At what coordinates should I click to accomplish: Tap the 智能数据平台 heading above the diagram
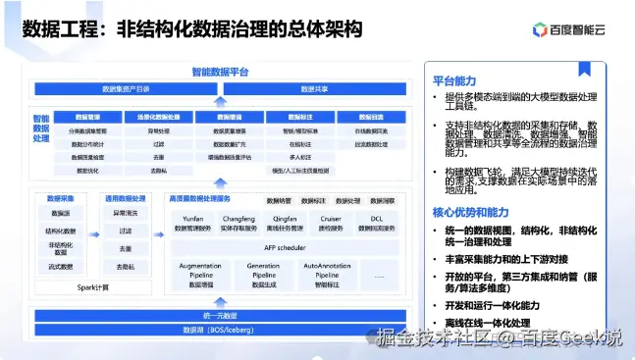[220, 72]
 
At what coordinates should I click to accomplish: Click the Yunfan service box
[192, 225]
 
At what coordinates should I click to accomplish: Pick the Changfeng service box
[238, 225]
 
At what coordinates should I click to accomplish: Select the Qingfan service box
[285, 225]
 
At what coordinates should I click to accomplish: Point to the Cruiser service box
[331, 225]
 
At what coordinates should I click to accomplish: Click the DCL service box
[377, 225]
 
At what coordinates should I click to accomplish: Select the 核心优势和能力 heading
[468, 211]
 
